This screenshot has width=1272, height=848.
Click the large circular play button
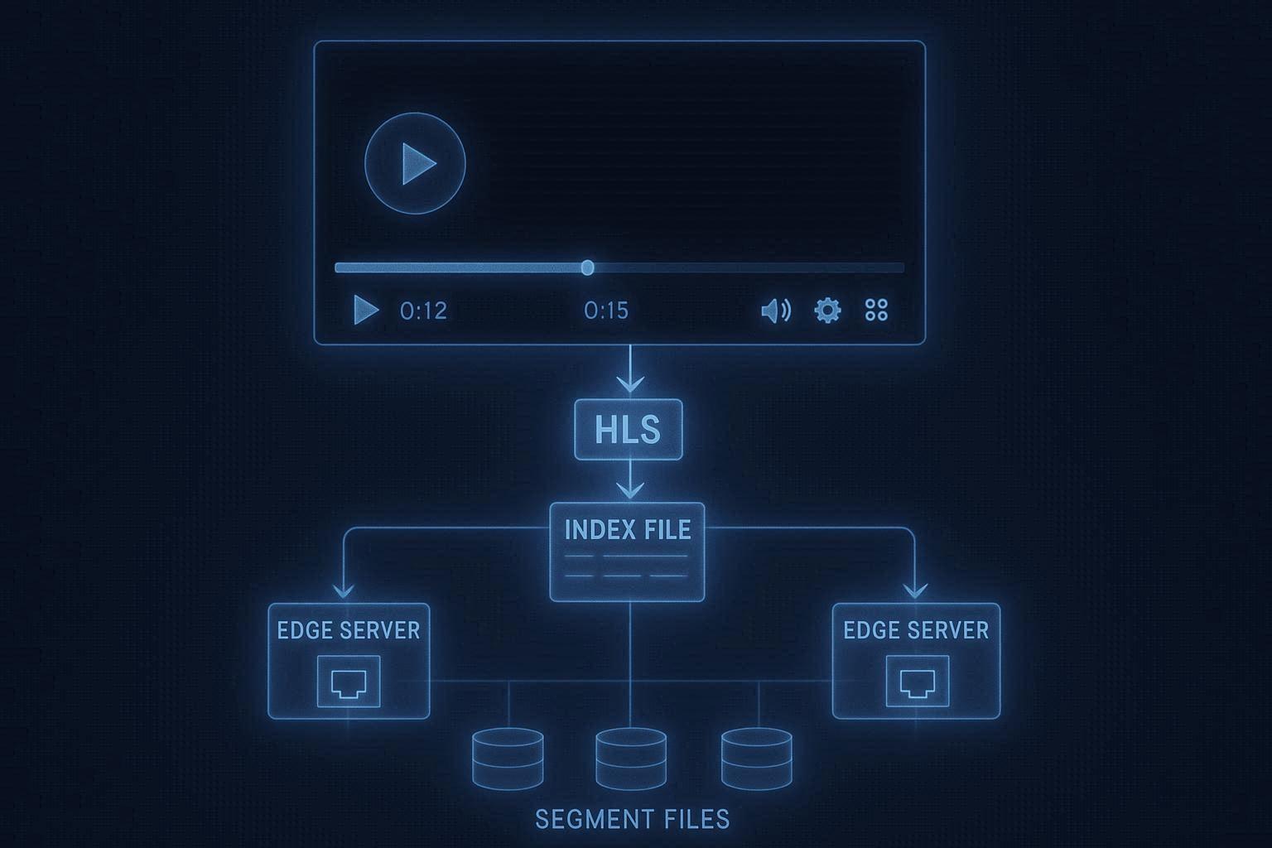[415, 163]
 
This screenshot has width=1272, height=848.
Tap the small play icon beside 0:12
[365, 310]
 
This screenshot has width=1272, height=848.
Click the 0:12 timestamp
[423, 311]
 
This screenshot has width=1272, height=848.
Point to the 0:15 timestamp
[606, 311]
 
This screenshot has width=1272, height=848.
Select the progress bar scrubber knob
[587, 267]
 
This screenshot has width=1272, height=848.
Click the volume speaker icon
[775, 311]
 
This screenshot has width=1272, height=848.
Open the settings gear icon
[827, 311]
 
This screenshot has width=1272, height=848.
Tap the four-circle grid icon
[876, 311]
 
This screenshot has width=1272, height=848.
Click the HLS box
[629, 429]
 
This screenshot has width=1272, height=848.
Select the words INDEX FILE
[628, 530]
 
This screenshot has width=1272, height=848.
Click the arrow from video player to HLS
[630, 372]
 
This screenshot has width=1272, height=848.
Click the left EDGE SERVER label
[349, 631]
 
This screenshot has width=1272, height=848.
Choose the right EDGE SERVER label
[916, 631]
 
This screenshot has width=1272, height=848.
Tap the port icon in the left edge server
[349, 682]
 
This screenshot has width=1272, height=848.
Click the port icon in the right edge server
[917, 682]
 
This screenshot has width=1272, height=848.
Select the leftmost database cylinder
[508, 759]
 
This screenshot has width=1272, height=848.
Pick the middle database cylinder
[631, 759]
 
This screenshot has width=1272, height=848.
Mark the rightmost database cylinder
[757, 759]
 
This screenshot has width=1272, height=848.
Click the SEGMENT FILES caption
[633, 820]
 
